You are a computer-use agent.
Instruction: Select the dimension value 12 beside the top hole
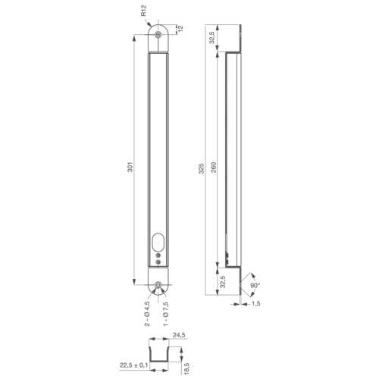pos(180,29)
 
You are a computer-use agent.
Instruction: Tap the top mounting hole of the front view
pos(158,35)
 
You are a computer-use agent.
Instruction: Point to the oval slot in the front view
pos(158,243)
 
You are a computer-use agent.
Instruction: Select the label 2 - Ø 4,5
pos(146,312)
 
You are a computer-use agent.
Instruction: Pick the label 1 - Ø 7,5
pos(167,312)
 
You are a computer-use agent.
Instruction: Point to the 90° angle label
pos(255,286)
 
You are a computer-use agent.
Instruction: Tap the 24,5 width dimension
pos(179,334)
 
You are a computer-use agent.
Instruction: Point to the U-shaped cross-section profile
pos(158,353)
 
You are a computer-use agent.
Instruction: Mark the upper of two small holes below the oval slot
pos(158,256)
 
